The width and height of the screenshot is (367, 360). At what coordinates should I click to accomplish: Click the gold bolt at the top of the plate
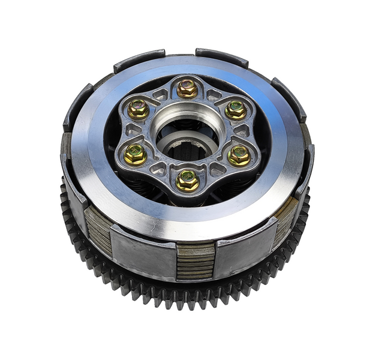(x=188, y=89)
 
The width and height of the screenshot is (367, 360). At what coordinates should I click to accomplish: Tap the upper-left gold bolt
(x=139, y=109)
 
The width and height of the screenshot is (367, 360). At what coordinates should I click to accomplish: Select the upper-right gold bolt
(x=236, y=110)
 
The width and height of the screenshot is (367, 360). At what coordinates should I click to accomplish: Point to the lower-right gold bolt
(x=239, y=155)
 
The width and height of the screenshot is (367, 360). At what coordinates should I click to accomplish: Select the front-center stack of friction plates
(x=195, y=260)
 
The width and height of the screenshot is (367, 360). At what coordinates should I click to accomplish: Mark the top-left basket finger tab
(x=139, y=60)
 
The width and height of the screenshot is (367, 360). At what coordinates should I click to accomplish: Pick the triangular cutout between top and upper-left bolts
(x=161, y=95)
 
